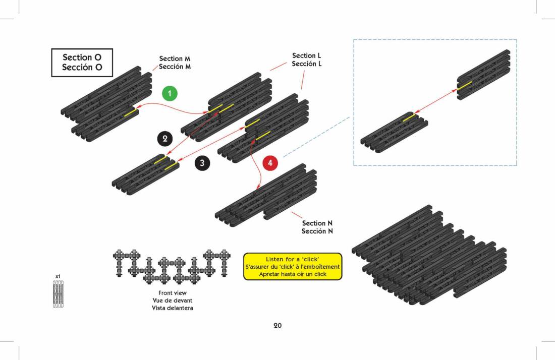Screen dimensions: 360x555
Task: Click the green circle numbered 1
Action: (x=170, y=93)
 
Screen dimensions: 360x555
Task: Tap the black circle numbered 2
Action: (x=164, y=138)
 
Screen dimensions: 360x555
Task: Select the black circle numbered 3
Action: (x=202, y=163)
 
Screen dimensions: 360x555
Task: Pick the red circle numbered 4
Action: (x=270, y=163)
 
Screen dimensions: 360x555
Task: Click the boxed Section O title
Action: (x=82, y=63)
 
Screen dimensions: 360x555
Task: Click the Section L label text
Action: (x=307, y=59)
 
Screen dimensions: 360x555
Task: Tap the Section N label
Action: (x=317, y=227)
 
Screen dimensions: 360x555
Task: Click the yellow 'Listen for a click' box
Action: (x=293, y=266)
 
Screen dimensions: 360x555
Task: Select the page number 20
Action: (x=277, y=325)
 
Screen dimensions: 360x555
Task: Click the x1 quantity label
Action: (x=58, y=276)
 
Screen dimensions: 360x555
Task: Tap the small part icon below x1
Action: (x=59, y=294)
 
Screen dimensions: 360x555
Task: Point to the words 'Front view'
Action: (x=173, y=292)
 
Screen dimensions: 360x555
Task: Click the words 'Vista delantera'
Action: (x=173, y=308)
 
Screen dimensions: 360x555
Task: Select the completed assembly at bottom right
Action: (x=429, y=257)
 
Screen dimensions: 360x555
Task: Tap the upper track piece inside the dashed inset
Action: (x=483, y=75)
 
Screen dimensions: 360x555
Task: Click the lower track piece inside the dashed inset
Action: (x=394, y=132)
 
